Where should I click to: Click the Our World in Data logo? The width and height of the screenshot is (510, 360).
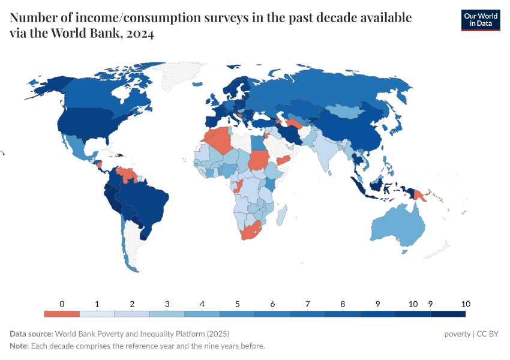(480, 20)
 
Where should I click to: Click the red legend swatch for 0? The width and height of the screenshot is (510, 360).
(62, 314)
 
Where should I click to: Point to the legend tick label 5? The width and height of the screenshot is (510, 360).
(238, 304)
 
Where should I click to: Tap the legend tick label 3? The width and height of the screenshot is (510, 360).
(167, 304)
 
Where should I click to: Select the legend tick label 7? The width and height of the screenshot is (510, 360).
(307, 304)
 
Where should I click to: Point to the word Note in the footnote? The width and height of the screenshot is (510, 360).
(19, 346)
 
